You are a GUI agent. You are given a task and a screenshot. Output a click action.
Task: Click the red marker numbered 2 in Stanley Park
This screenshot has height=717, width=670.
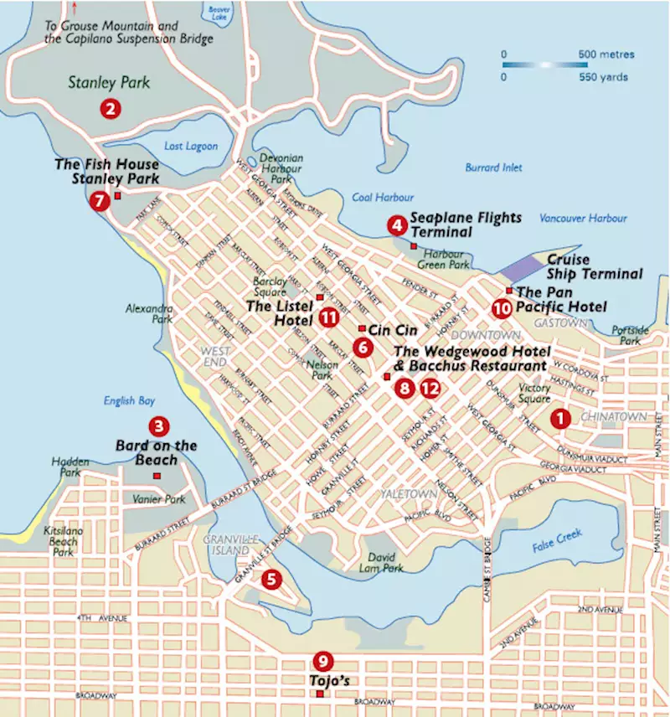(109, 108)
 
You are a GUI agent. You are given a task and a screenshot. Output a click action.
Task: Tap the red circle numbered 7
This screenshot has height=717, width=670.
(100, 201)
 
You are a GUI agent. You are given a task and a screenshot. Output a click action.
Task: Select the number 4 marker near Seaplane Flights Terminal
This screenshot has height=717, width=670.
(396, 225)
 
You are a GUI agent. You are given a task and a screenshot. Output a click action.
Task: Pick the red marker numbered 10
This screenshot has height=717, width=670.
(502, 308)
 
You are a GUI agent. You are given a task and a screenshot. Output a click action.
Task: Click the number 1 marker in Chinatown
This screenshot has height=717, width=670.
(559, 416)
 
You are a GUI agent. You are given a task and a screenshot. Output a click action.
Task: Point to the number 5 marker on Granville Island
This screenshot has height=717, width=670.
(271, 578)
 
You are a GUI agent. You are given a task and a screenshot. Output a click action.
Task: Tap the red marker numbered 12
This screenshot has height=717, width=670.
(430, 388)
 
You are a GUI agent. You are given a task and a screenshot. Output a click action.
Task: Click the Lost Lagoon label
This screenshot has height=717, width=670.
(185, 147)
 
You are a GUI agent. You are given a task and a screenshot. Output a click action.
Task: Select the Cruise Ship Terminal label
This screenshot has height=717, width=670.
(595, 266)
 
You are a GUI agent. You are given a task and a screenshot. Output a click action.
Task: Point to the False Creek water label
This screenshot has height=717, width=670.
(558, 542)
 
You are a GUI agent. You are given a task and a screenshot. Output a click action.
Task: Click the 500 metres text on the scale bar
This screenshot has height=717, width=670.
(606, 54)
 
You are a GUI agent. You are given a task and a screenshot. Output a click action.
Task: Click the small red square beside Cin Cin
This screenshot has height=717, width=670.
(361, 328)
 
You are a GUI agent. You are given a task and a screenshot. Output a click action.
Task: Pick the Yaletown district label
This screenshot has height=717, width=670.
(409, 493)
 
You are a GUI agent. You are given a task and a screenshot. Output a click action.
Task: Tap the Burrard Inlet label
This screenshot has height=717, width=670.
(493, 168)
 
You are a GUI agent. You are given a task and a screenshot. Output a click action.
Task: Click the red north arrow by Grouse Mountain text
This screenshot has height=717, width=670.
(77, 8)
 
